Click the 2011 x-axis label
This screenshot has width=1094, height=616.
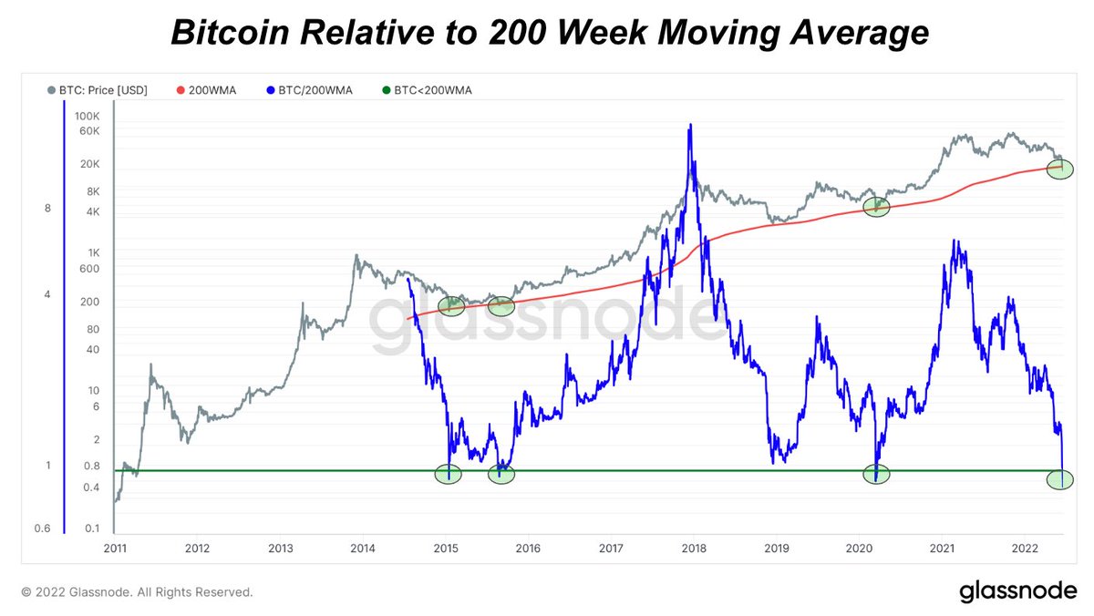coord(114,549)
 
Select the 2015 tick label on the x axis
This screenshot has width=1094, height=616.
coord(445,549)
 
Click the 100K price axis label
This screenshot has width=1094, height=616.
coord(87,117)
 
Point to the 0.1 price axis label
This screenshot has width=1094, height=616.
coord(92,529)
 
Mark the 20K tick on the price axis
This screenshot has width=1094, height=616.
coord(88,164)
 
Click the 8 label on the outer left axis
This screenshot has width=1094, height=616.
coord(47,209)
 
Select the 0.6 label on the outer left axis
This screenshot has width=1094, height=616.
coord(44,529)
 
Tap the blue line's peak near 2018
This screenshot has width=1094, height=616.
coord(691,125)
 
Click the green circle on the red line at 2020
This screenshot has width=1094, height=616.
coord(875,207)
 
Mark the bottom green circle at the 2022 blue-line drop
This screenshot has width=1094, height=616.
coord(1059,478)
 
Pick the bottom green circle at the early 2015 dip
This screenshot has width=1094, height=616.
coord(448,473)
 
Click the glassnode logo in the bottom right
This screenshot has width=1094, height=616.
coord(1017,591)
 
